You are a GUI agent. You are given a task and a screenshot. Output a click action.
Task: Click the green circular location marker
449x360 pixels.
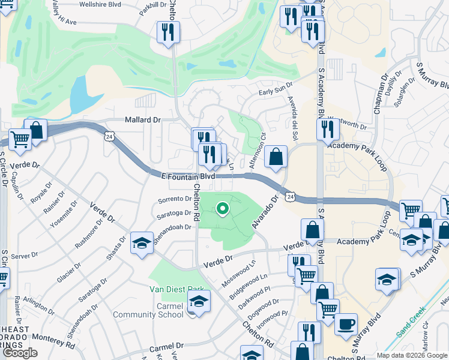222,209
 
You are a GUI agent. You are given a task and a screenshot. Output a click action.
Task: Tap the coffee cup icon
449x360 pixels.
346,325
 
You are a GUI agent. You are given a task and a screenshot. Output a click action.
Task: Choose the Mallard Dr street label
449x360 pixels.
143,119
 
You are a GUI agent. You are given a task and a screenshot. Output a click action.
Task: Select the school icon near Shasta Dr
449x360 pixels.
141,243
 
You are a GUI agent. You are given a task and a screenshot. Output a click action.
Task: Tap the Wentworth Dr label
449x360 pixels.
352,124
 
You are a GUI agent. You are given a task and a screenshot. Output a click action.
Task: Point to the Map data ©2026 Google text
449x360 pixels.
412,355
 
